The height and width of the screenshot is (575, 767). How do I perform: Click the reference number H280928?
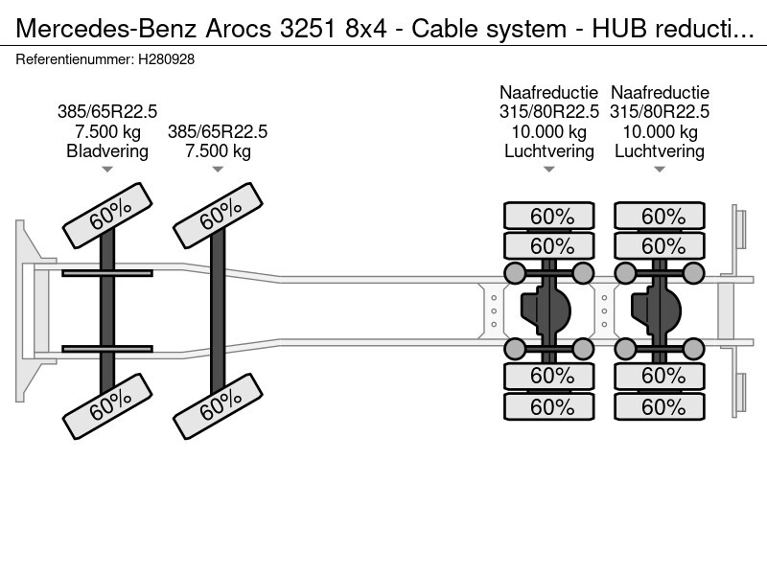click(x=166, y=58)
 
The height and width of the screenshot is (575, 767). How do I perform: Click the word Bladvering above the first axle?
click(x=107, y=151)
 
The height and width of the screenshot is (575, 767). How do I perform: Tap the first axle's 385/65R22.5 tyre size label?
click(x=107, y=111)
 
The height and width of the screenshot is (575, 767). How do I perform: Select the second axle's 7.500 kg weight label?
click(x=218, y=151)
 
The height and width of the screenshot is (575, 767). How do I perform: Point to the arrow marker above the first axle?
click(x=107, y=171)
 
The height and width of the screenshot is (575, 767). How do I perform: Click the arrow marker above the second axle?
click(x=218, y=171)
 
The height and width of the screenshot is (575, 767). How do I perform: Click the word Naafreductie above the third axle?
click(x=549, y=92)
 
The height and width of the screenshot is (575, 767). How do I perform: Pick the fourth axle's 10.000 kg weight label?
click(x=660, y=131)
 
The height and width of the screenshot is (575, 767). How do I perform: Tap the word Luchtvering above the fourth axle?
click(x=660, y=151)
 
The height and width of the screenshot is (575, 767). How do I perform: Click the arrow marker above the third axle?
click(x=549, y=171)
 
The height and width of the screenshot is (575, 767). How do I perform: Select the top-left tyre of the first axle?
click(x=107, y=218)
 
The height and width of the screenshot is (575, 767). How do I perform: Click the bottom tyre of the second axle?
click(x=218, y=409)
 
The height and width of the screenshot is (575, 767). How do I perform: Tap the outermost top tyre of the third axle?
click(x=551, y=216)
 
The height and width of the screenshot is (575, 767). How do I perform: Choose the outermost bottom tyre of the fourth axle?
click(x=662, y=407)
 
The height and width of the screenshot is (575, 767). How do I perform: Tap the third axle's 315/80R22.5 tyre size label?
click(x=549, y=111)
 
